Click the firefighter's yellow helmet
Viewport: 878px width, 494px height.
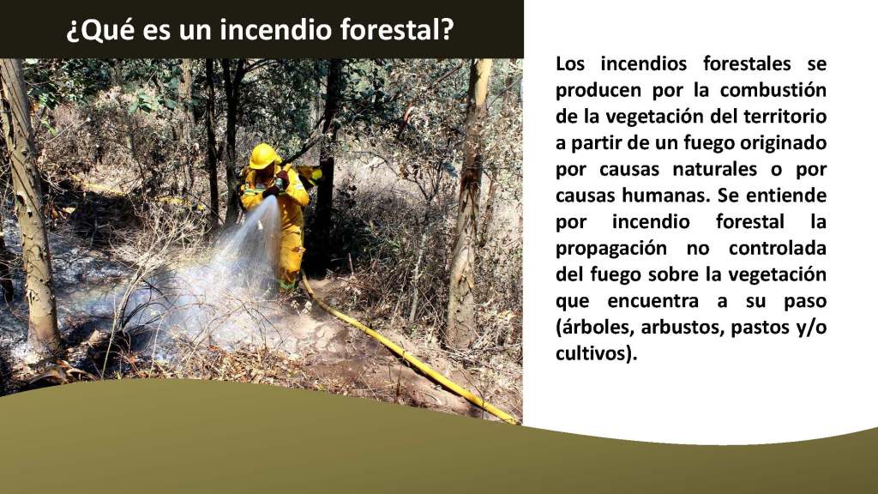point(264,156)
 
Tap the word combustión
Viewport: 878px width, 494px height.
point(773,89)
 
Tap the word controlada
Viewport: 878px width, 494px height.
point(778,248)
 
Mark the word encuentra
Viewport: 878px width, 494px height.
point(652,301)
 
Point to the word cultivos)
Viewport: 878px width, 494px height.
point(597,354)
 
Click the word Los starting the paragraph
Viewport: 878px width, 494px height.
point(570,63)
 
